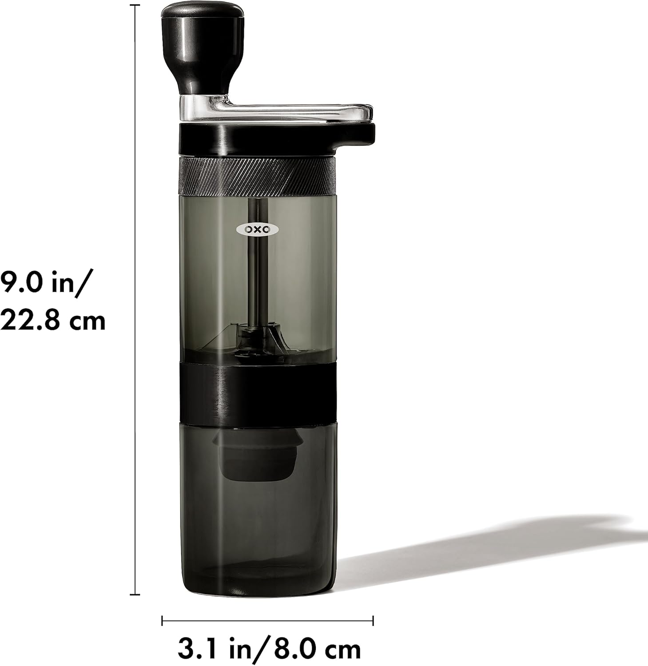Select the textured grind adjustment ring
(x=257, y=176)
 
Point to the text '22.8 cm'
(x=52, y=320)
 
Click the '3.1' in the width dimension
(x=195, y=650)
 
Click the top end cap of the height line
(x=135, y=5)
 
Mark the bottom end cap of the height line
(x=135, y=594)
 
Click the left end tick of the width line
(x=162, y=620)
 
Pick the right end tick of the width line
(x=373, y=620)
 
